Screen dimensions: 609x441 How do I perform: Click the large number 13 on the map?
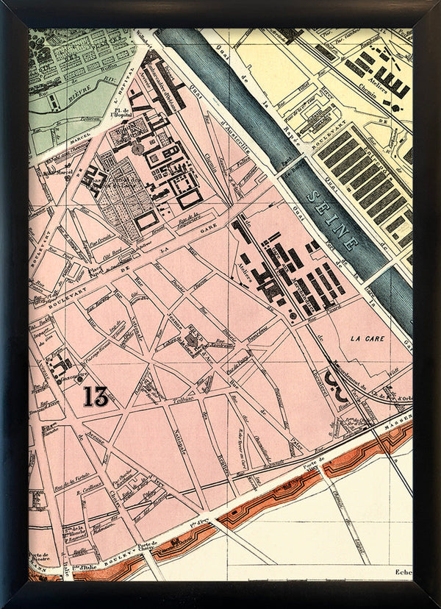[96, 397]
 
